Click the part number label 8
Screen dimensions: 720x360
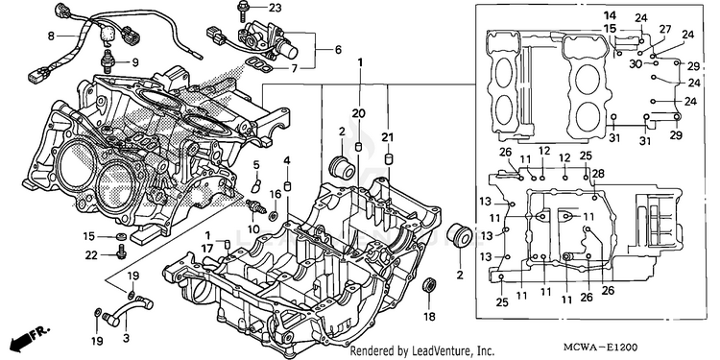coord(51,35)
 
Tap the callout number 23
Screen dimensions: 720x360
coord(275,8)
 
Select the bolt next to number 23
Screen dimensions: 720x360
coord(242,12)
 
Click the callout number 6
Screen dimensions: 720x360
coord(338,50)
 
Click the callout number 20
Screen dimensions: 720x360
coord(359,112)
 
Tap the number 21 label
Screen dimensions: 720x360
coord(388,136)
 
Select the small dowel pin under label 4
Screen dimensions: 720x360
coord(288,186)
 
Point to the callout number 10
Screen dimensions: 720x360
coord(253,228)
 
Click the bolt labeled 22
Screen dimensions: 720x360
coord(122,252)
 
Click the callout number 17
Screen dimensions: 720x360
coord(206,248)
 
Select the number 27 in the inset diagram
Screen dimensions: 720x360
coord(665,30)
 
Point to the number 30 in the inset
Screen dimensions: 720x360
coord(636,64)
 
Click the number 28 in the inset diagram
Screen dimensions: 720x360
coord(598,173)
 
